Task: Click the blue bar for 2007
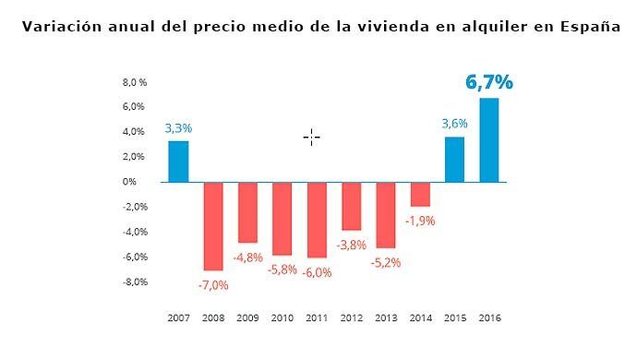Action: (178, 162)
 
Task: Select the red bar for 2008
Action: (213, 226)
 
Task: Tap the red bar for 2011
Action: (317, 220)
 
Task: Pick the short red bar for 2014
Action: (420, 194)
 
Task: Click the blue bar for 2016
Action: (489, 140)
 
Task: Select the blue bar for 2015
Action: (455, 160)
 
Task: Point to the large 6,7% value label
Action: (488, 82)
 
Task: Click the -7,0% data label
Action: (213, 284)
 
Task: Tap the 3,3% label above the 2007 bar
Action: (178, 128)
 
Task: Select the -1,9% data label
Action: (420, 221)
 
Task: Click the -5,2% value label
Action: (386, 262)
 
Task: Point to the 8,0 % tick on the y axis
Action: (135, 82)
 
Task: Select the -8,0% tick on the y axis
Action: (134, 282)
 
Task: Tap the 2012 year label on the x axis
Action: (352, 318)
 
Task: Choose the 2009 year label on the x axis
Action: (247, 318)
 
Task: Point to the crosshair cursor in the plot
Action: (311, 138)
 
